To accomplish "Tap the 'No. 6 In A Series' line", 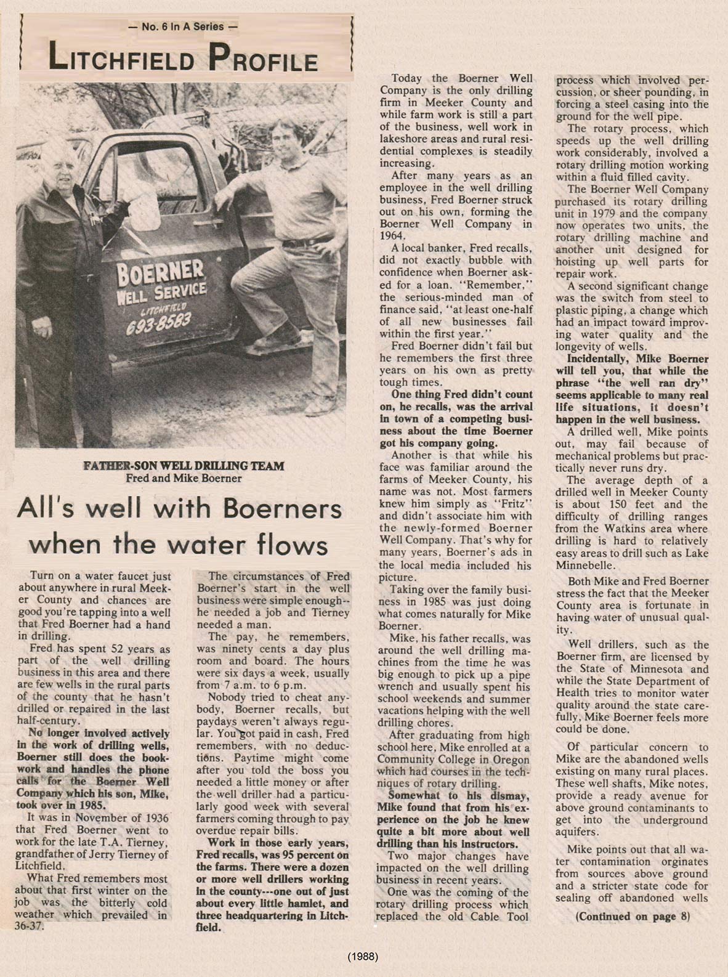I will coord(182,26).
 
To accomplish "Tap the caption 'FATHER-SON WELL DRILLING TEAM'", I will coord(184,466).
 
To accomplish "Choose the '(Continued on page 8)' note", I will coord(633,917).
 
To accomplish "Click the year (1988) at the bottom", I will coord(363,957).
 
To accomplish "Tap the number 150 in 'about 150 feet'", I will coord(607,505).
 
